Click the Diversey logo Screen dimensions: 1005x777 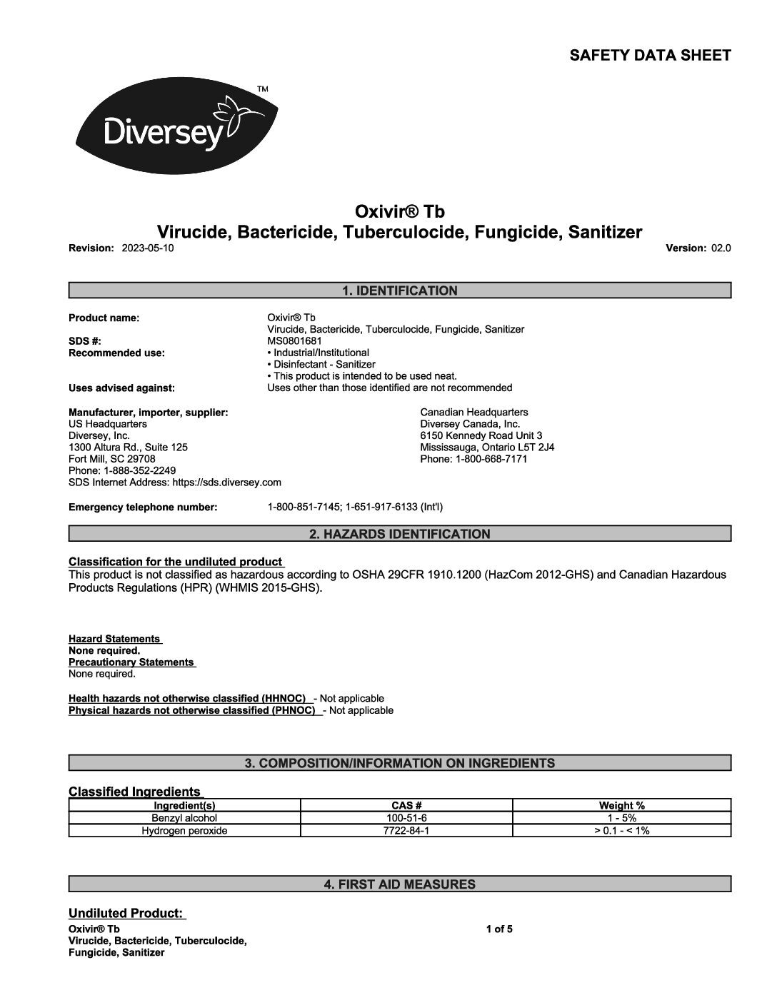(176, 129)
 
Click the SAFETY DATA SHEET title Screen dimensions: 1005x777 (650, 56)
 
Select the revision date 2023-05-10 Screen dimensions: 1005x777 (148, 248)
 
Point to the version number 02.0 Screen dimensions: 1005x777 (721, 248)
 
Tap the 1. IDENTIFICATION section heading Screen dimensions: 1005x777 (400, 291)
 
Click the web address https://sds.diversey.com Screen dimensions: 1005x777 (227, 483)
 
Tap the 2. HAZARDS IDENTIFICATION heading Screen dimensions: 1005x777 (400, 534)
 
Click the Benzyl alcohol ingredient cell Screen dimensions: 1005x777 (184, 818)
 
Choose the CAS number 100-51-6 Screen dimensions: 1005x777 (406, 818)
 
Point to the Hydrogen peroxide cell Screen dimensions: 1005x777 (184, 831)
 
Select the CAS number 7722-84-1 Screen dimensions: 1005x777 (406, 831)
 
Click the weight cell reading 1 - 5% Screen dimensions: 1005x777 (621, 818)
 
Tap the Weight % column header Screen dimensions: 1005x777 (621, 806)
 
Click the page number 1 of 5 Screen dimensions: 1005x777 (499, 929)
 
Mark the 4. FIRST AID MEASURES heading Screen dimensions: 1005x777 (400, 884)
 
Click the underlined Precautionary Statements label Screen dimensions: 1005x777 (131, 662)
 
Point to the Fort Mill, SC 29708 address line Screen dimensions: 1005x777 (112, 459)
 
